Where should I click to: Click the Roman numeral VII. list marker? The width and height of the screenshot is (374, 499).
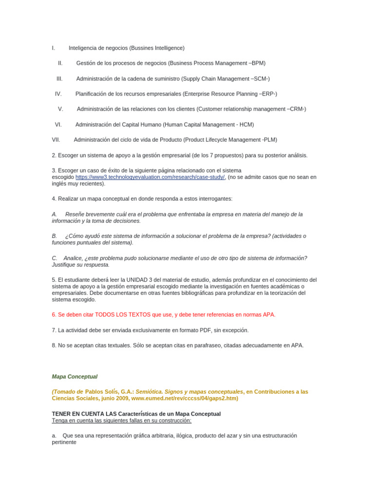point(56,140)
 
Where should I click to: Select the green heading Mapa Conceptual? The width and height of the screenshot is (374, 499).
point(75,377)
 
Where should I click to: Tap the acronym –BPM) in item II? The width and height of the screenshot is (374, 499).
point(257,63)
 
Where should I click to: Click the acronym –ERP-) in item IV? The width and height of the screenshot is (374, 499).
point(268,94)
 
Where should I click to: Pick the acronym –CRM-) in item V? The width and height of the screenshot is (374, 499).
point(297,109)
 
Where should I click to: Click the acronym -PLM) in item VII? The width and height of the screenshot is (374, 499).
point(269,140)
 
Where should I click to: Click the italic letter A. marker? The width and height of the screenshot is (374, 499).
point(55,214)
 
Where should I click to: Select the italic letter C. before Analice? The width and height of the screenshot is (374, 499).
point(55,258)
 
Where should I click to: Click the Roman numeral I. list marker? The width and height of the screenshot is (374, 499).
point(53,48)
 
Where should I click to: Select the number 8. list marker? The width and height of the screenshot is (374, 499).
point(54,345)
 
